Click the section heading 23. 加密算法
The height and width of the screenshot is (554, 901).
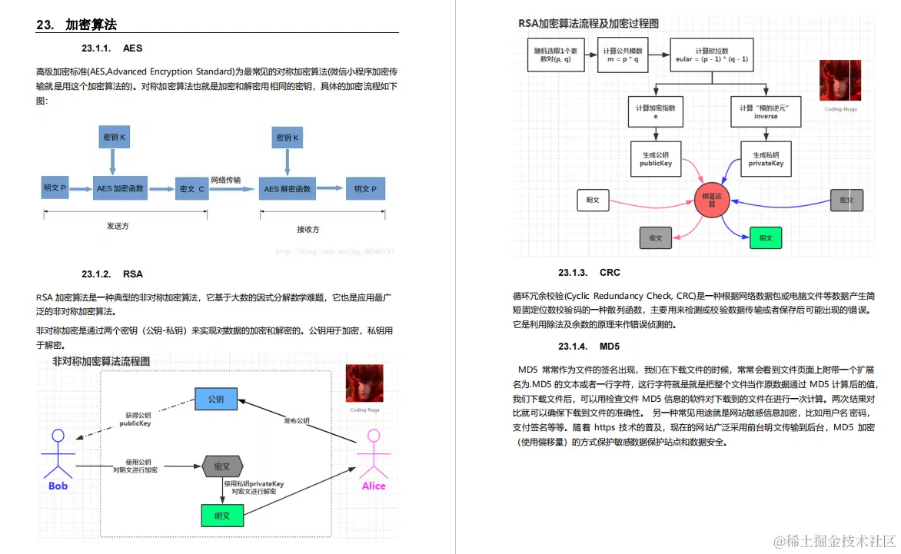[77, 25]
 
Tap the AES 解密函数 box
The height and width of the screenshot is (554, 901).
[288, 188]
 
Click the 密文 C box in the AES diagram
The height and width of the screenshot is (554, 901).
[191, 188]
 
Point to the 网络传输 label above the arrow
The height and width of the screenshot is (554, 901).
[226, 180]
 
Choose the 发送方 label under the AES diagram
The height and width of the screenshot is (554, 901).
[118, 226]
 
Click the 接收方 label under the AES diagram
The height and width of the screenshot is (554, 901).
[308, 229]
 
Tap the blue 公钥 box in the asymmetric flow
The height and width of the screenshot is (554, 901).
[216, 400]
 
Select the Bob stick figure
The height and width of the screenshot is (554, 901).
[58, 457]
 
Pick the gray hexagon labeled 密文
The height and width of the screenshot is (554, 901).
[222, 466]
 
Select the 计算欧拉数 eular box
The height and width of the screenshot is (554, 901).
[711, 55]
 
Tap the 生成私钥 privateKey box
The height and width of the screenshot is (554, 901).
[766, 159]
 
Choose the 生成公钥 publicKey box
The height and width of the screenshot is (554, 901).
[656, 159]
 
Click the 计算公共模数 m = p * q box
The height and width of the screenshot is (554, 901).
[623, 55]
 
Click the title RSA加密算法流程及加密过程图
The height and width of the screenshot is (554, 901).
[588, 24]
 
